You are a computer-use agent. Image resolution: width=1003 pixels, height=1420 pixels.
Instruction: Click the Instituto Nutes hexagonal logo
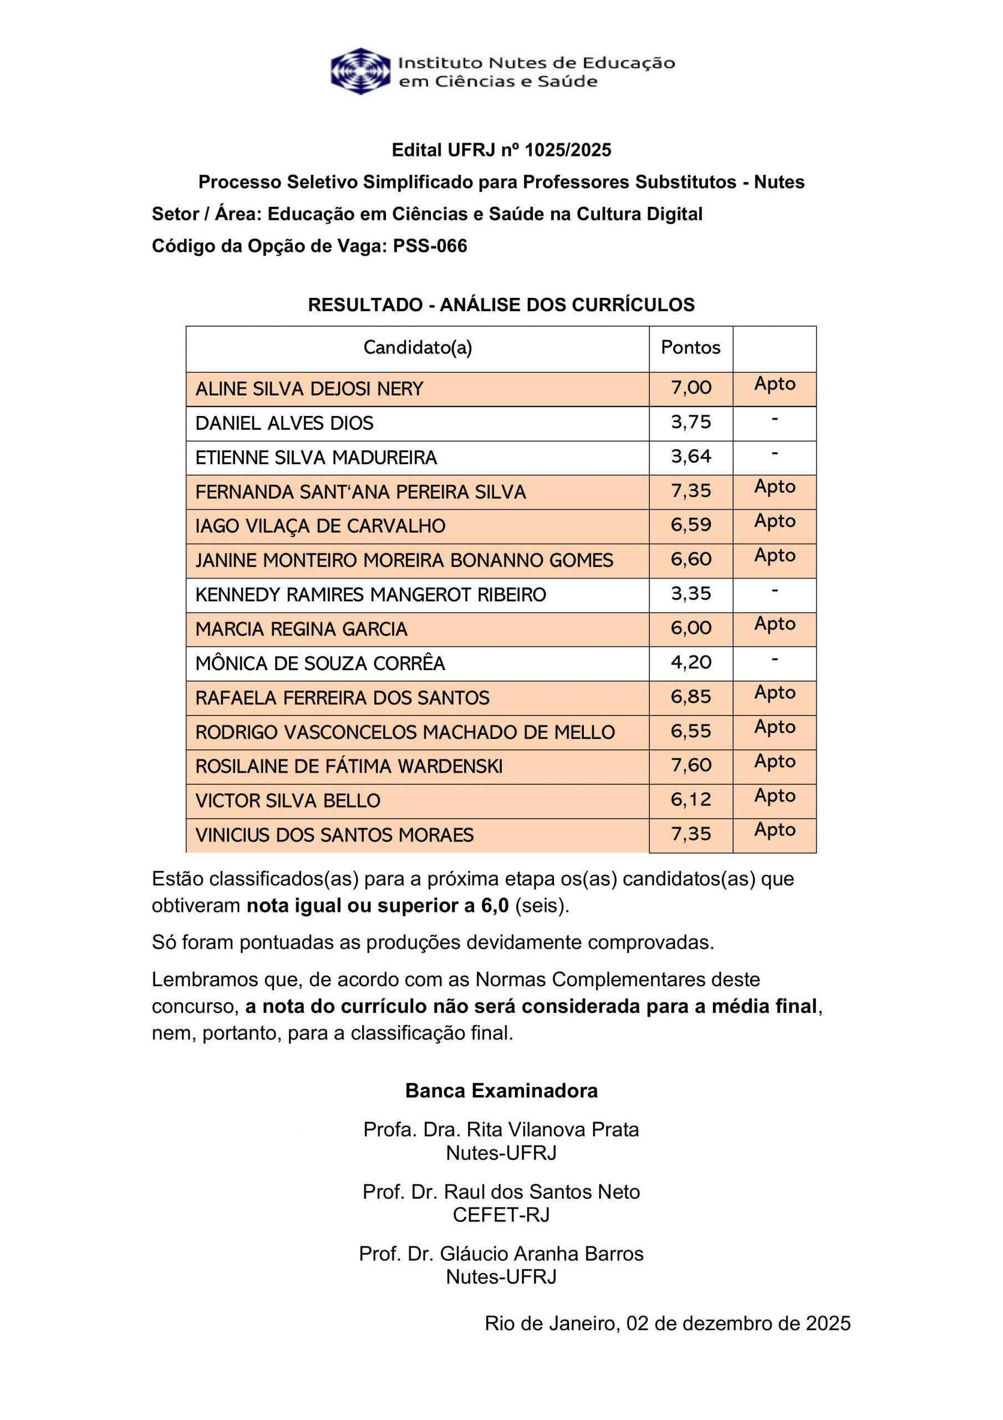pos(360,71)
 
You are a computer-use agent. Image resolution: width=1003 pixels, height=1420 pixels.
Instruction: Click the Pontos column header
pos(690,348)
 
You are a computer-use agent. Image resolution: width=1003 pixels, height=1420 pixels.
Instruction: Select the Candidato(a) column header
pos(418,348)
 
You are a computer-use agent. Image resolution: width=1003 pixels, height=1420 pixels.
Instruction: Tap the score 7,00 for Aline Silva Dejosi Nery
pos(691,388)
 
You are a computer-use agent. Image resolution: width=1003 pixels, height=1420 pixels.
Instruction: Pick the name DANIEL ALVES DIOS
pos(284,423)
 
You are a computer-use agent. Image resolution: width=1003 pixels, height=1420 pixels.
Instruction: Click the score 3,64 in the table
pos(691,457)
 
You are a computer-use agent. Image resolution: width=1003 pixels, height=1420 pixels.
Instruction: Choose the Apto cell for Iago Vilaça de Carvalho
pos(774,521)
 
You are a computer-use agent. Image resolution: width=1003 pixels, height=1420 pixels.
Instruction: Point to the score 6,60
pos(691,559)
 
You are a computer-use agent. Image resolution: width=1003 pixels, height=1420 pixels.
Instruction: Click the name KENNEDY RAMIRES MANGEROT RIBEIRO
pos(370,595)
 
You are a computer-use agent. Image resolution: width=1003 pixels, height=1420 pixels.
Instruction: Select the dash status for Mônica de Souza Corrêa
pos(774,660)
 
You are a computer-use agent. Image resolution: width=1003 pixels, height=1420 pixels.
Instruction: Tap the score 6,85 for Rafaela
pos(691,697)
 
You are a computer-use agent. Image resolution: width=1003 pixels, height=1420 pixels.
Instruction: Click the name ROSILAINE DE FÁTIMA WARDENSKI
pos(349,767)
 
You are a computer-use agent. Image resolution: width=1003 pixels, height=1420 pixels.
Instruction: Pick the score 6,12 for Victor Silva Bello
pos(691,800)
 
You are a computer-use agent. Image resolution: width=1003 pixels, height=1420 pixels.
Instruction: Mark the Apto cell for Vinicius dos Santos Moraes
pos(774,830)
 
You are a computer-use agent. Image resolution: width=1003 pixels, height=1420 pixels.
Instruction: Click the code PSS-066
pos(430,246)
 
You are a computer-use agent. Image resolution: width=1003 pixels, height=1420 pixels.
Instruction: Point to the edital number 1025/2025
pos(568,150)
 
